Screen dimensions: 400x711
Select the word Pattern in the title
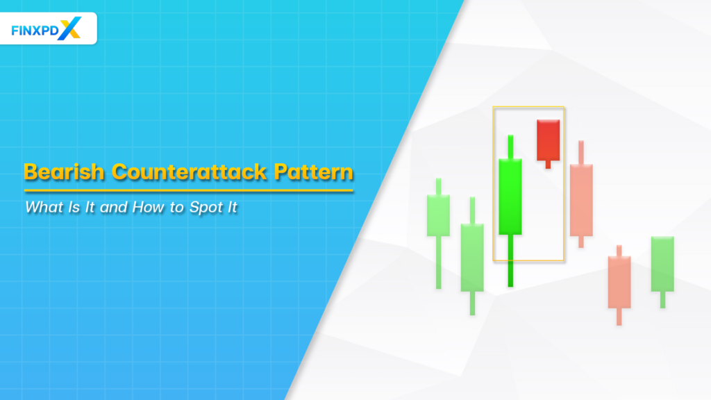click(312, 172)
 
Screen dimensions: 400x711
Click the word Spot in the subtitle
click(208, 207)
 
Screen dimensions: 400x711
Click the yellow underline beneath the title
click(188, 190)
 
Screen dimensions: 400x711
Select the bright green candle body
click(510, 197)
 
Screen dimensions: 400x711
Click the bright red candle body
click(548, 140)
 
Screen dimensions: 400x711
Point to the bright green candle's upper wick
click(510, 147)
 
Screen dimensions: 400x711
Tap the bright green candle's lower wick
click(510, 260)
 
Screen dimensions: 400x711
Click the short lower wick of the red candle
click(548, 165)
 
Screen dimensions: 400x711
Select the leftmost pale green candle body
click(438, 215)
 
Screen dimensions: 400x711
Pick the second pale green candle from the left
click(472, 257)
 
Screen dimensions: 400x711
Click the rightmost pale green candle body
click(662, 264)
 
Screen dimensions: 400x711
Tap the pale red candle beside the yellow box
click(581, 200)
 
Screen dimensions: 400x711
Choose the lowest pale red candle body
click(619, 282)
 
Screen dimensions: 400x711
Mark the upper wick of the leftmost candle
click(438, 186)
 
